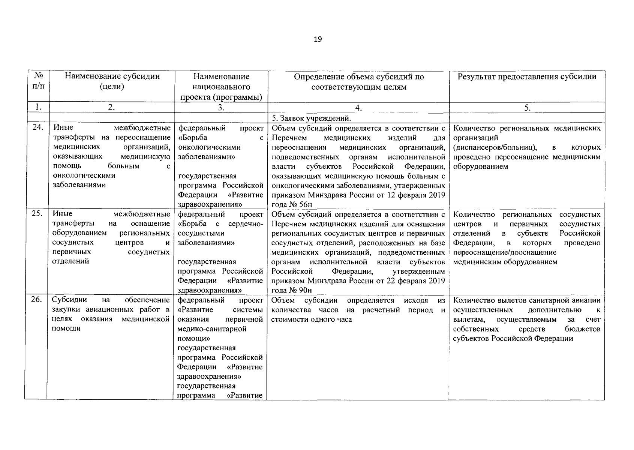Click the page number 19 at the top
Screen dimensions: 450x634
[x=317, y=39]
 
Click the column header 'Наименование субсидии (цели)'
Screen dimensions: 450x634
[x=112, y=81]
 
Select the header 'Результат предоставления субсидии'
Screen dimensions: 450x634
[x=527, y=76]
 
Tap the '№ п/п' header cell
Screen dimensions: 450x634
[x=37, y=81]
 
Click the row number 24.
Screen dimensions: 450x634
[x=37, y=127]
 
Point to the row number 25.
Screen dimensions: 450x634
[x=37, y=214]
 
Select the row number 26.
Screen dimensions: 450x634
[x=37, y=300]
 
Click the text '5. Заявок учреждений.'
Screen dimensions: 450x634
[x=311, y=118]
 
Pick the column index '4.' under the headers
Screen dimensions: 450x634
[x=358, y=108]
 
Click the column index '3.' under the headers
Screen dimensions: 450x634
[x=221, y=108]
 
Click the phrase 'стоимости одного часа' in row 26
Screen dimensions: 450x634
[x=311, y=320]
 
